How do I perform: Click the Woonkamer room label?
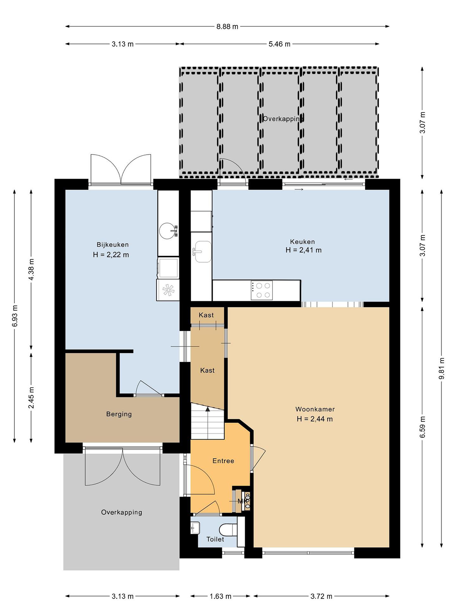[315, 409]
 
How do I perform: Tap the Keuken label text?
[302, 242]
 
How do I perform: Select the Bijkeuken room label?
[113, 245]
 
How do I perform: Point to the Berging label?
[119, 414]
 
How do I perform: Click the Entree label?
[223, 461]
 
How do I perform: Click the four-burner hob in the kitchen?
[261, 290]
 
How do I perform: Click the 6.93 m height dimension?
[15, 316]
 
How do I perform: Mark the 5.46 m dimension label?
[280, 44]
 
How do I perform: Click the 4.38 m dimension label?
[31, 270]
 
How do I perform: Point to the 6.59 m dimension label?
[422, 427]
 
